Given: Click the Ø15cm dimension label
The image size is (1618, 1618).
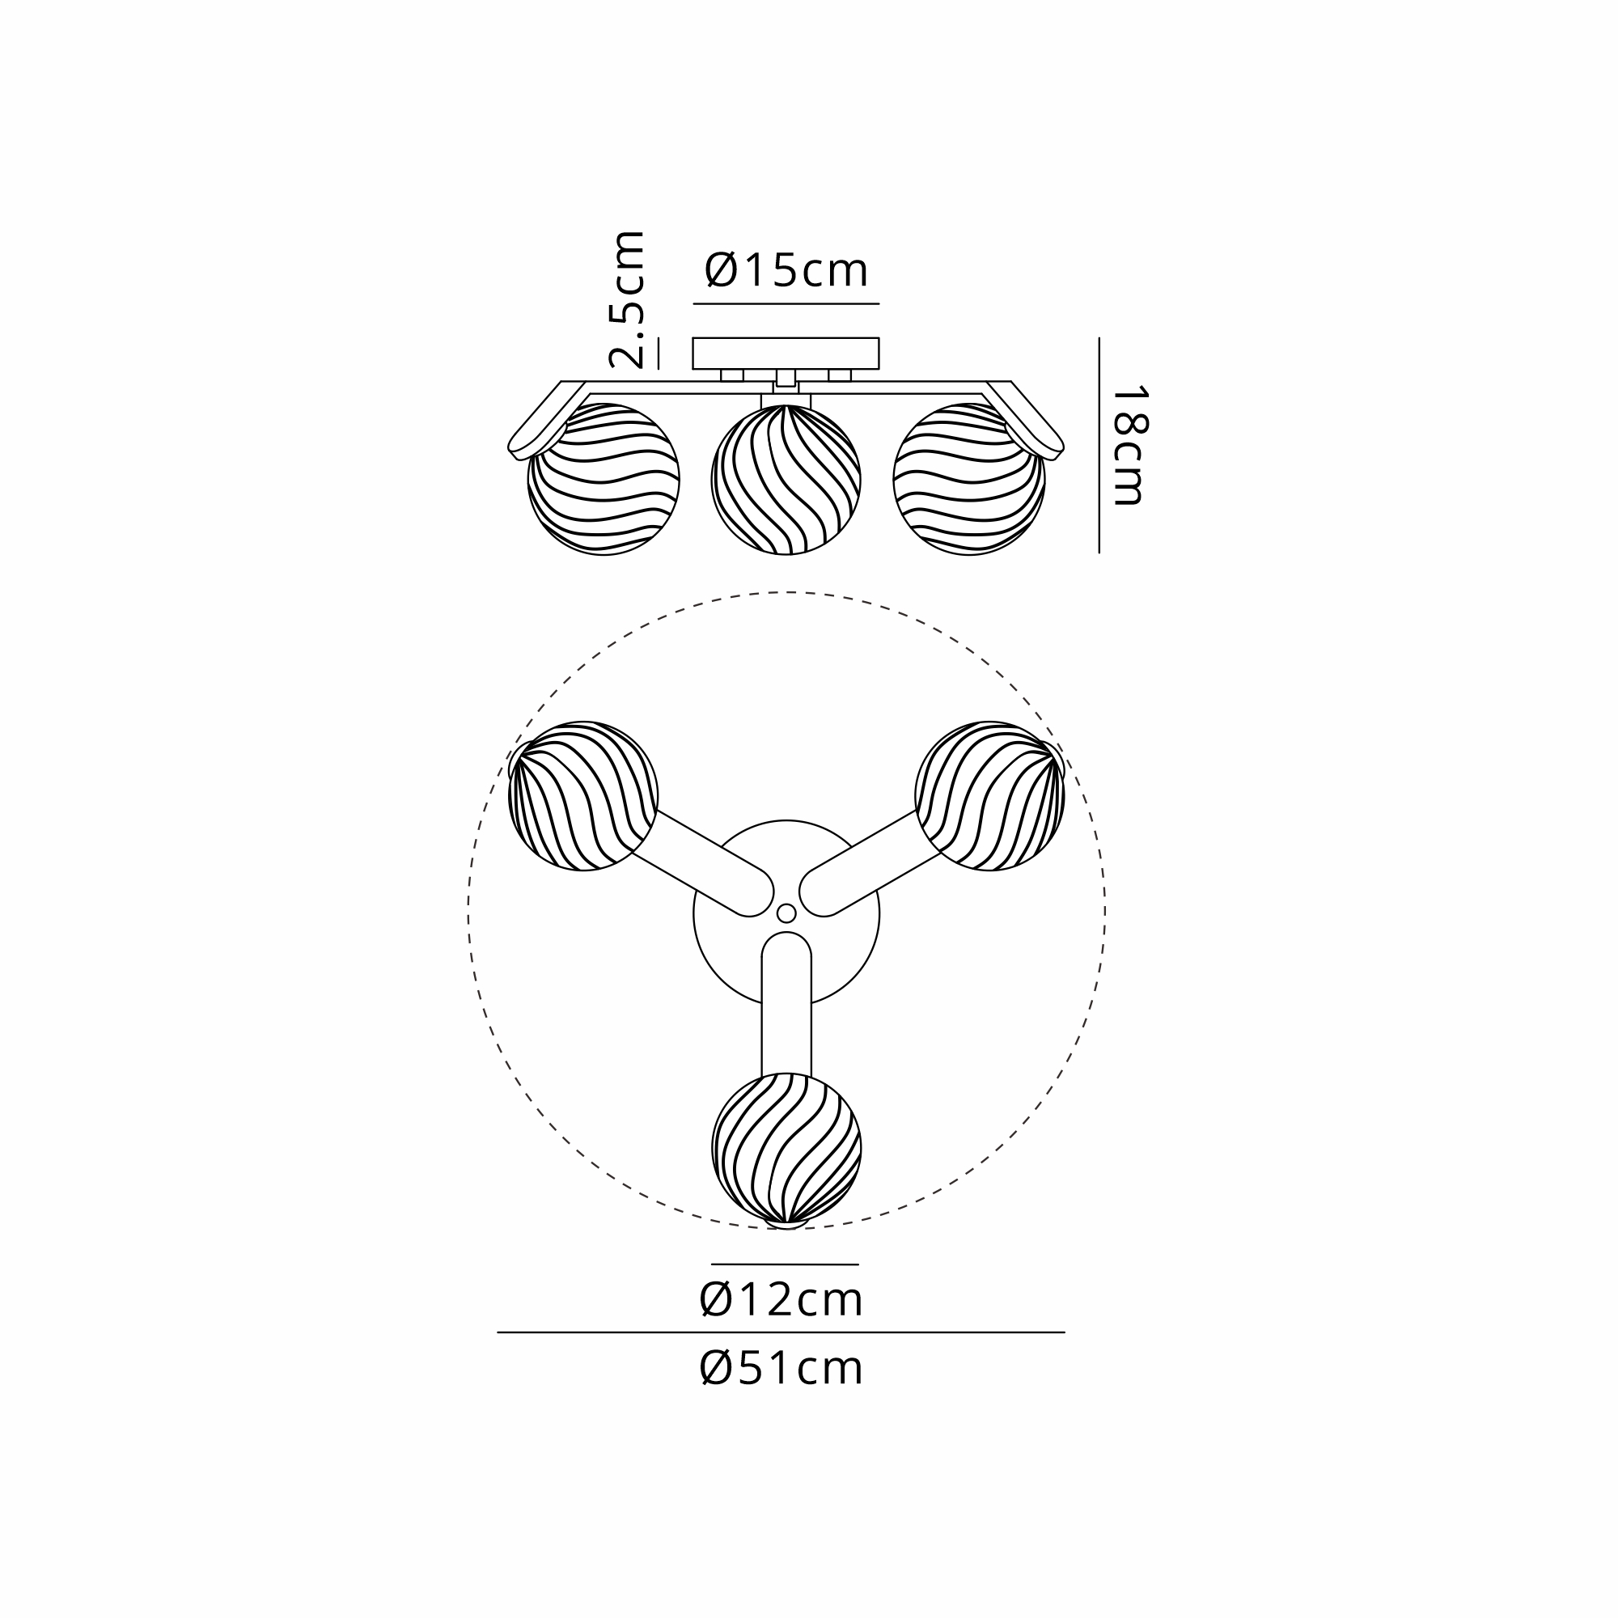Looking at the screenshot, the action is pyautogui.click(x=786, y=270).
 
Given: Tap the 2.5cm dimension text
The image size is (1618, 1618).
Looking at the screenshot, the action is pyautogui.click(x=627, y=300).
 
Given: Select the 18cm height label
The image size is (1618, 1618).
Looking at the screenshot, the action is pyautogui.click(x=1129, y=446).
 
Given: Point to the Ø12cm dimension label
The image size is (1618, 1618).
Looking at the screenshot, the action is pyautogui.click(x=781, y=1300).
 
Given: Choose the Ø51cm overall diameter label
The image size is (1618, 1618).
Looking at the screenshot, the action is pyautogui.click(x=781, y=1369).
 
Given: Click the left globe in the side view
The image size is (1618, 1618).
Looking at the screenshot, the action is pyautogui.click(x=603, y=480).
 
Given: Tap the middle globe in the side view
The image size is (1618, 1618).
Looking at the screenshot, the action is pyautogui.click(x=786, y=480).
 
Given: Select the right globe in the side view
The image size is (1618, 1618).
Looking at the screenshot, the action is pyautogui.click(x=969, y=480).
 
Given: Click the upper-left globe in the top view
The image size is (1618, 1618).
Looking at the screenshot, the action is pyautogui.click(x=582, y=796).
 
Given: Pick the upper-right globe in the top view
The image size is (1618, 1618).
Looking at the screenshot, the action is pyautogui.click(x=990, y=796).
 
